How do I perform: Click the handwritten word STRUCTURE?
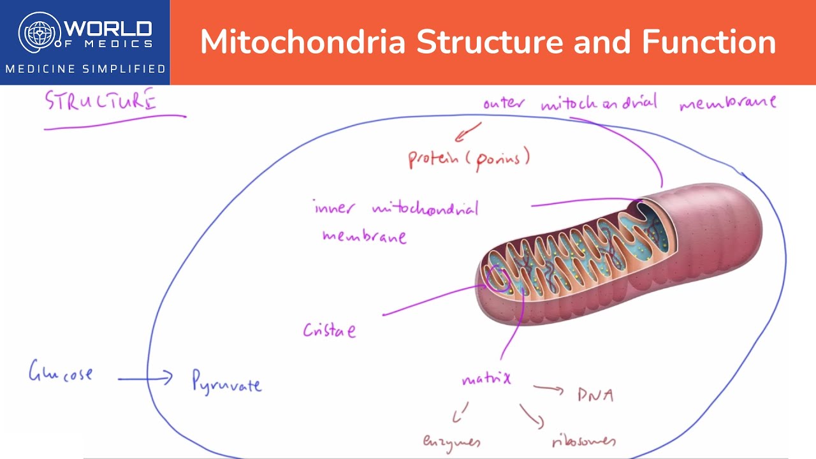pyautogui.click(x=100, y=101)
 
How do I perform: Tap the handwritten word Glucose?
pyautogui.click(x=61, y=372)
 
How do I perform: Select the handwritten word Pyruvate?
pyautogui.click(x=226, y=382)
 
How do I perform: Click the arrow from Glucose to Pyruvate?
pyautogui.click(x=145, y=378)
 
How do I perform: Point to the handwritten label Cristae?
pyautogui.click(x=329, y=330)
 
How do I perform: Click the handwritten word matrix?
pyautogui.click(x=486, y=379)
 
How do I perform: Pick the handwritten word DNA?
pyautogui.click(x=595, y=395)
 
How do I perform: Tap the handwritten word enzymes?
pyautogui.click(x=451, y=441)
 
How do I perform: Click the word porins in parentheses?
pyautogui.click(x=503, y=157)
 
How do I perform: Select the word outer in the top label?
pyautogui.click(x=504, y=103)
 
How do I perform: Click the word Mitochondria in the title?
pyautogui.click(x=303, y=42)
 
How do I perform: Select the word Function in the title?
pyautogui.click(x=708, y=42)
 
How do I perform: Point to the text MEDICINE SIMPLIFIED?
pyautogui.click(x=85, y=68)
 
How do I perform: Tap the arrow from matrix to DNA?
pyautogui.click(x=549, y=388)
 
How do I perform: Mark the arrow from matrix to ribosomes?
pyautogui.click(x=532, y=416)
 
